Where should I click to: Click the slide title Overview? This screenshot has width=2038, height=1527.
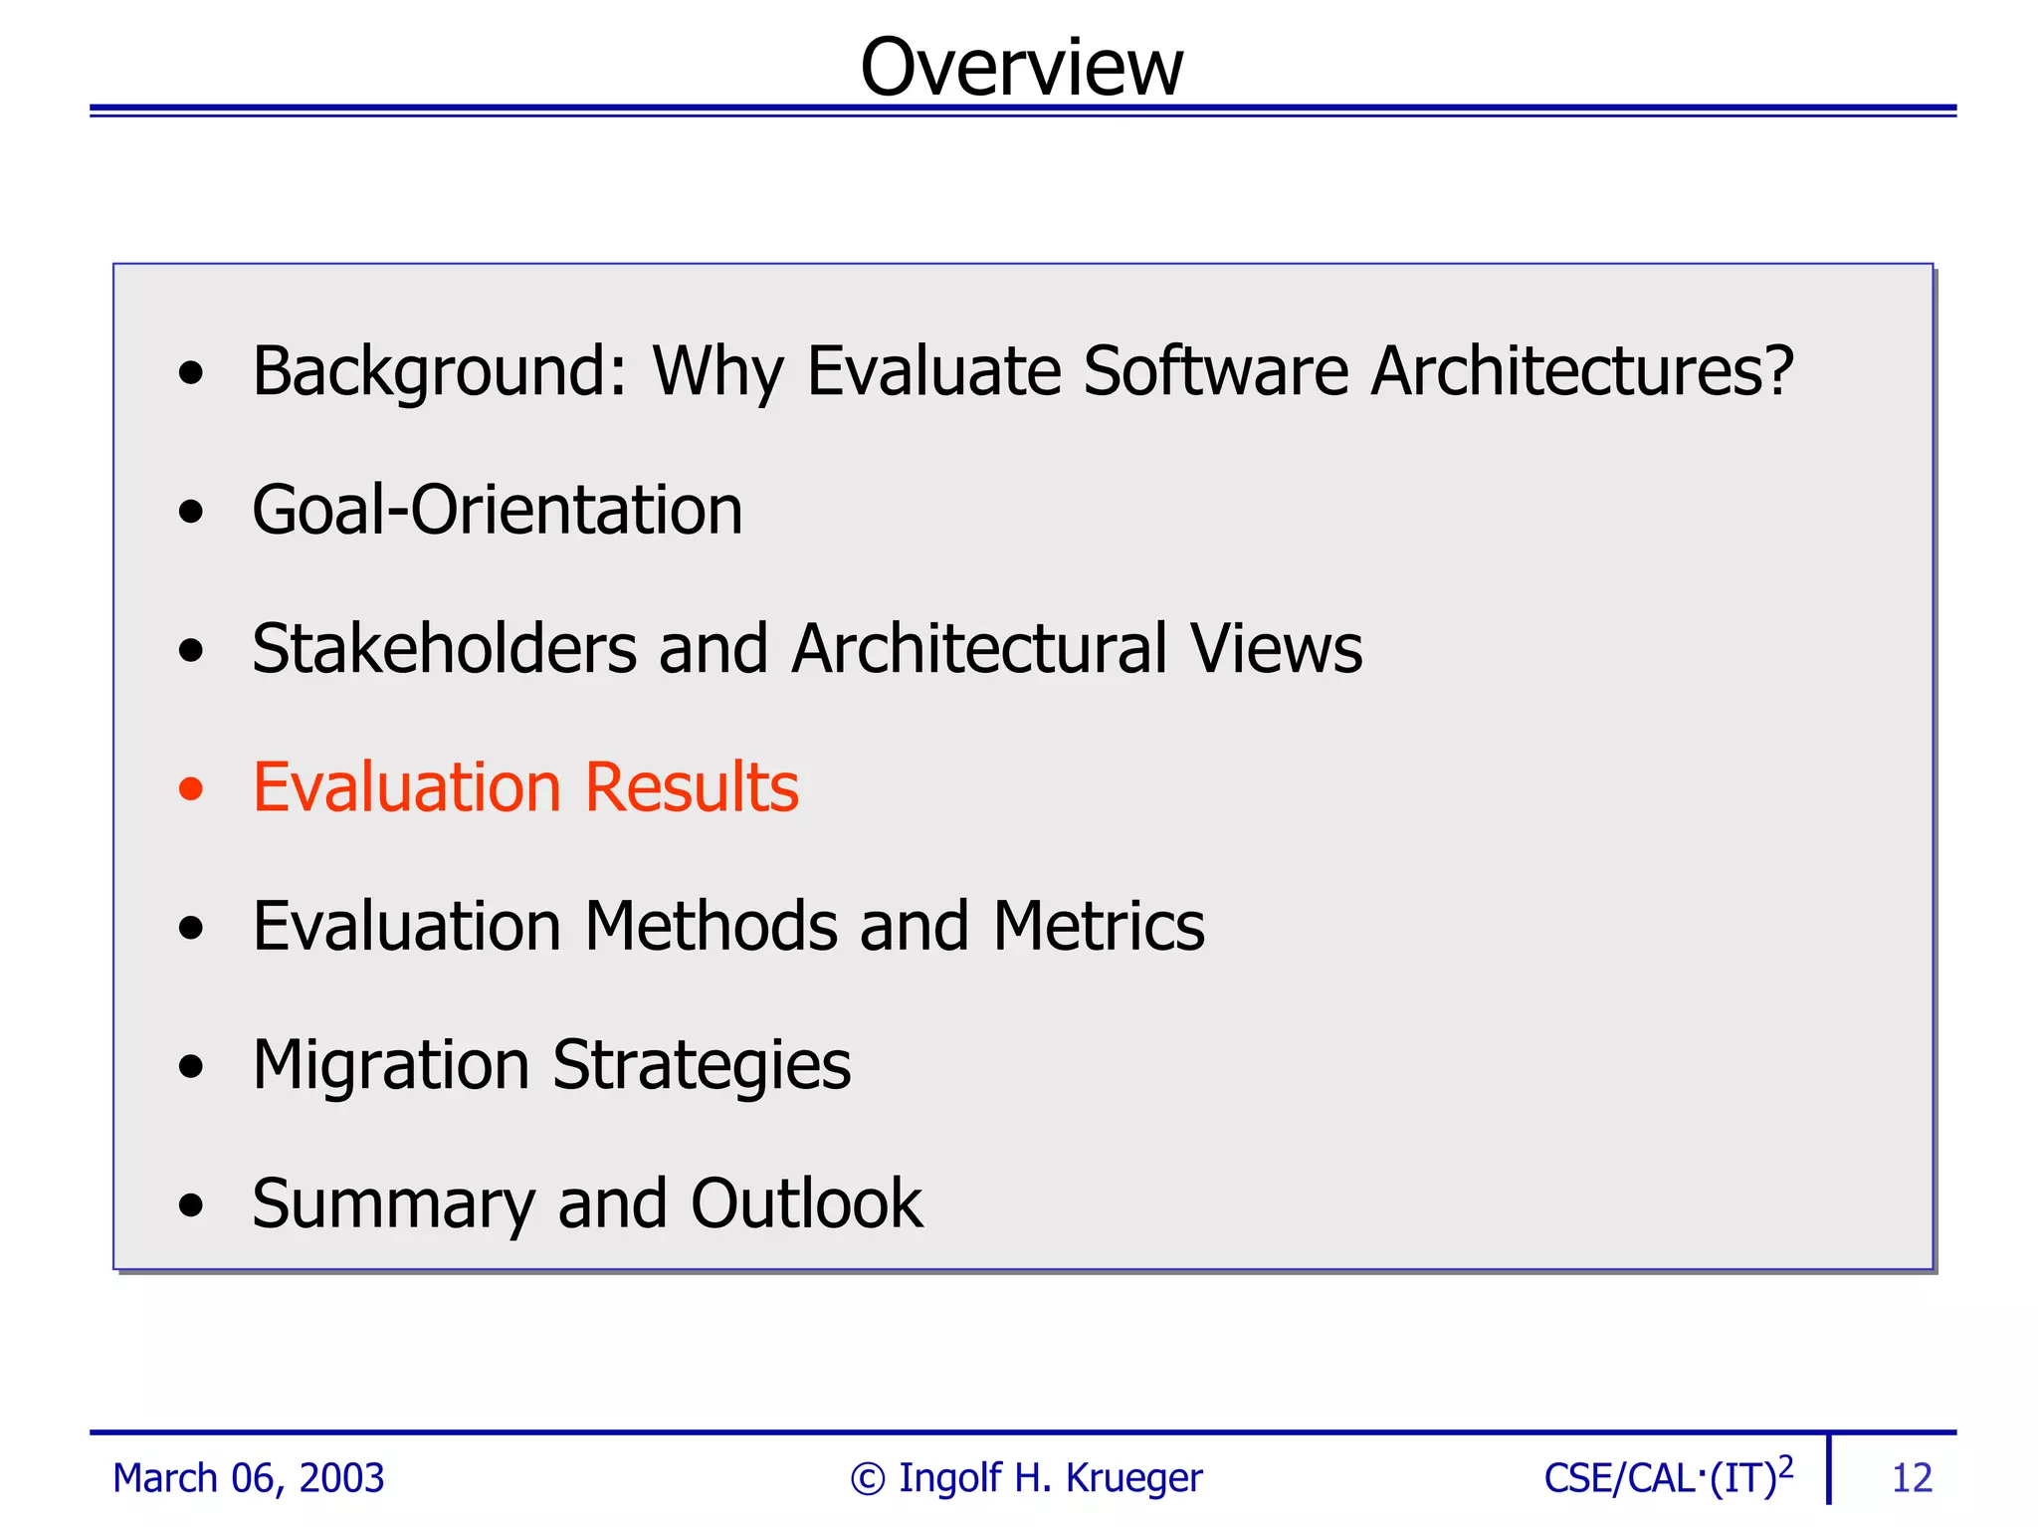(x=1021, y=68)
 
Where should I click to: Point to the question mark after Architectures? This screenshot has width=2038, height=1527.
(x=1777, y=370)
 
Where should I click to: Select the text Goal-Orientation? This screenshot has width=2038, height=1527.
(x=497, y=511)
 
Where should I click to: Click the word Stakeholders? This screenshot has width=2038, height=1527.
(x=444, y=649)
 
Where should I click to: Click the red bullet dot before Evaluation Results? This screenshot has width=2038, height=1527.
(x=190, y=788)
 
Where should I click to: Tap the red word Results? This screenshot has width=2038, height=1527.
(x=692, y=788)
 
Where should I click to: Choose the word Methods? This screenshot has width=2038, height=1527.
(x=711, y=927)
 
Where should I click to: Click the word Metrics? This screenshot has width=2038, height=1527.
(x=1099, y=927)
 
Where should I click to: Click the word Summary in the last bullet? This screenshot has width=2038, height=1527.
(x=393, y=1205)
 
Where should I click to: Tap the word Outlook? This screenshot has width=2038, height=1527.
(x=806, y=1203)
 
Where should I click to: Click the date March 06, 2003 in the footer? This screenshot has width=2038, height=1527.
(x=248, y=1478)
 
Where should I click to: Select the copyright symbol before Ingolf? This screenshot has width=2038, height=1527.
(x=867, y=1479)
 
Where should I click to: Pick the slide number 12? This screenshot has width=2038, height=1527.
(x=1911, y=1479)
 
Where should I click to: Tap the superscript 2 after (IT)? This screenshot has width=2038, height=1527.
(x=1785, y=1466)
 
